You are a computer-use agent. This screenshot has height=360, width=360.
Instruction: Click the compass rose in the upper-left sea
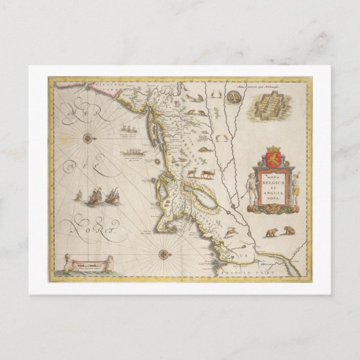(89, 137)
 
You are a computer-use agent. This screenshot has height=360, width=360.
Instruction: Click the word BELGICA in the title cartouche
(274, 182)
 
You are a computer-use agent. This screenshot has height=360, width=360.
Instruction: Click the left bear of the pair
(271, 231)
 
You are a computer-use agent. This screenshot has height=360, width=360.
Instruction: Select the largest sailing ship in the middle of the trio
(96, 196)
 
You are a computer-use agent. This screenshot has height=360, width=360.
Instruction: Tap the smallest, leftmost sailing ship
(79, 196)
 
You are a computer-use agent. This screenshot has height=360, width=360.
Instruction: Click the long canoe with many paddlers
(132, 152)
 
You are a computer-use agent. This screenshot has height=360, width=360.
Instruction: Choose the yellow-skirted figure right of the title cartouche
(296, 187)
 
